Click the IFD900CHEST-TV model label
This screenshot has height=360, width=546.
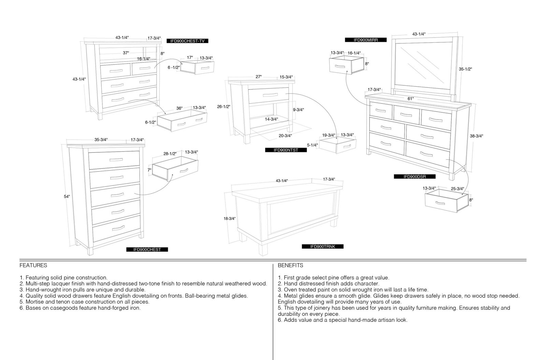click(187, 41)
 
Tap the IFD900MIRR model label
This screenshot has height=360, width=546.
click(365, 40)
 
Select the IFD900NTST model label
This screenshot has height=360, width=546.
click(286, 150)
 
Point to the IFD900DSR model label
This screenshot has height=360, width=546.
click(415, 177)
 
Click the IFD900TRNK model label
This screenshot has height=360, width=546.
click(323, 247)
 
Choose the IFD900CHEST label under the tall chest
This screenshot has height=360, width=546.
click(147, 250)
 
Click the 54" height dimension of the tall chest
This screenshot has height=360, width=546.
click(67, 197)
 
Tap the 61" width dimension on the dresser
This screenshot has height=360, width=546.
click(411, 99)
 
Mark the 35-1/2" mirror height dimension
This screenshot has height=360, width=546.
click(465, 69)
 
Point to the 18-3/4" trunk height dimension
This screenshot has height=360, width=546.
click(230, 219)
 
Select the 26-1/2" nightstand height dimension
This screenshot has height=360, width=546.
click(224, 107)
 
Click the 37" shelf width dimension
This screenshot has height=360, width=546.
click(126, 53)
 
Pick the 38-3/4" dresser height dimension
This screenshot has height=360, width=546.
click(476, 136)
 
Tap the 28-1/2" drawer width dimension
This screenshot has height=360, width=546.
click(170, 154)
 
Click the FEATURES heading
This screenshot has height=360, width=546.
click(33, 265)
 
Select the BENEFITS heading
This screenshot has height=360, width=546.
click(290, 265)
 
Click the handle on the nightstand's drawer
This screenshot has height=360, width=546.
click(270, 95)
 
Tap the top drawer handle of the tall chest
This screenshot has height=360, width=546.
click(116, 160)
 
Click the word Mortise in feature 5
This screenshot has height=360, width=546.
click(34, 302)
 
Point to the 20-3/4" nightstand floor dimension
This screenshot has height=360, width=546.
click(285, 136)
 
